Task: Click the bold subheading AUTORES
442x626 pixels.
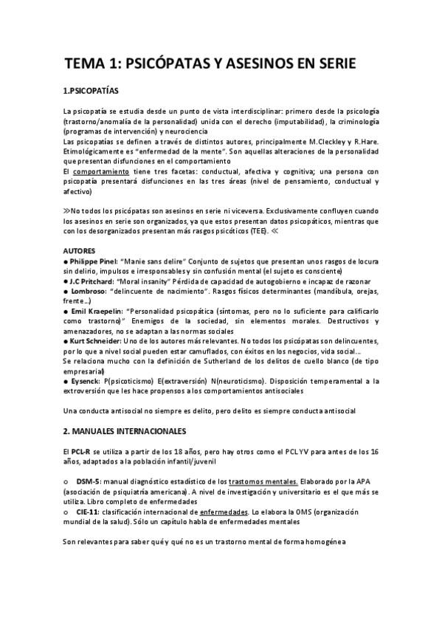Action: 80,250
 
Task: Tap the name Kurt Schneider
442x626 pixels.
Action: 97,343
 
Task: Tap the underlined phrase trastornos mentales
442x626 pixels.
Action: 262,481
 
